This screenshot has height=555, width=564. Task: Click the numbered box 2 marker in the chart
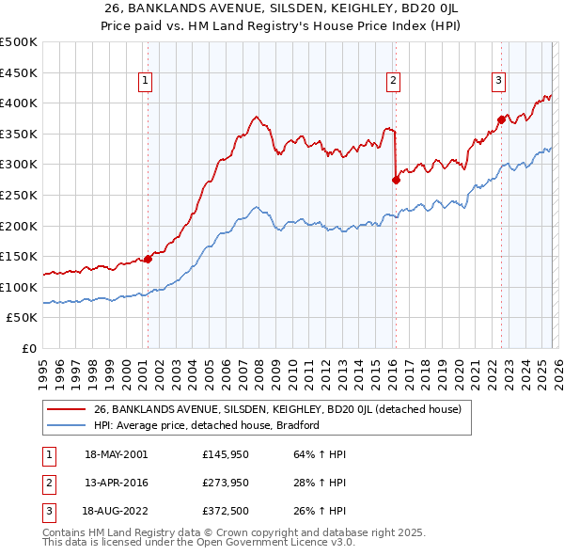coord(392,82)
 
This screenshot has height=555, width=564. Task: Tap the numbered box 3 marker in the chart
coord(497,82)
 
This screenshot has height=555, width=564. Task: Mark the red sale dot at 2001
coord(148,259)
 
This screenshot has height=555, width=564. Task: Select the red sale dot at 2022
coord(501,119)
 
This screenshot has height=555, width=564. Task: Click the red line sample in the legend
coord(66,410)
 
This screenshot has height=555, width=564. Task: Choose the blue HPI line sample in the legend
coord(66,425)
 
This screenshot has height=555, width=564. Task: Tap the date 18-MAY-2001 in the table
coord(117,454)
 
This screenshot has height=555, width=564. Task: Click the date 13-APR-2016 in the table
coord(117,483)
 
